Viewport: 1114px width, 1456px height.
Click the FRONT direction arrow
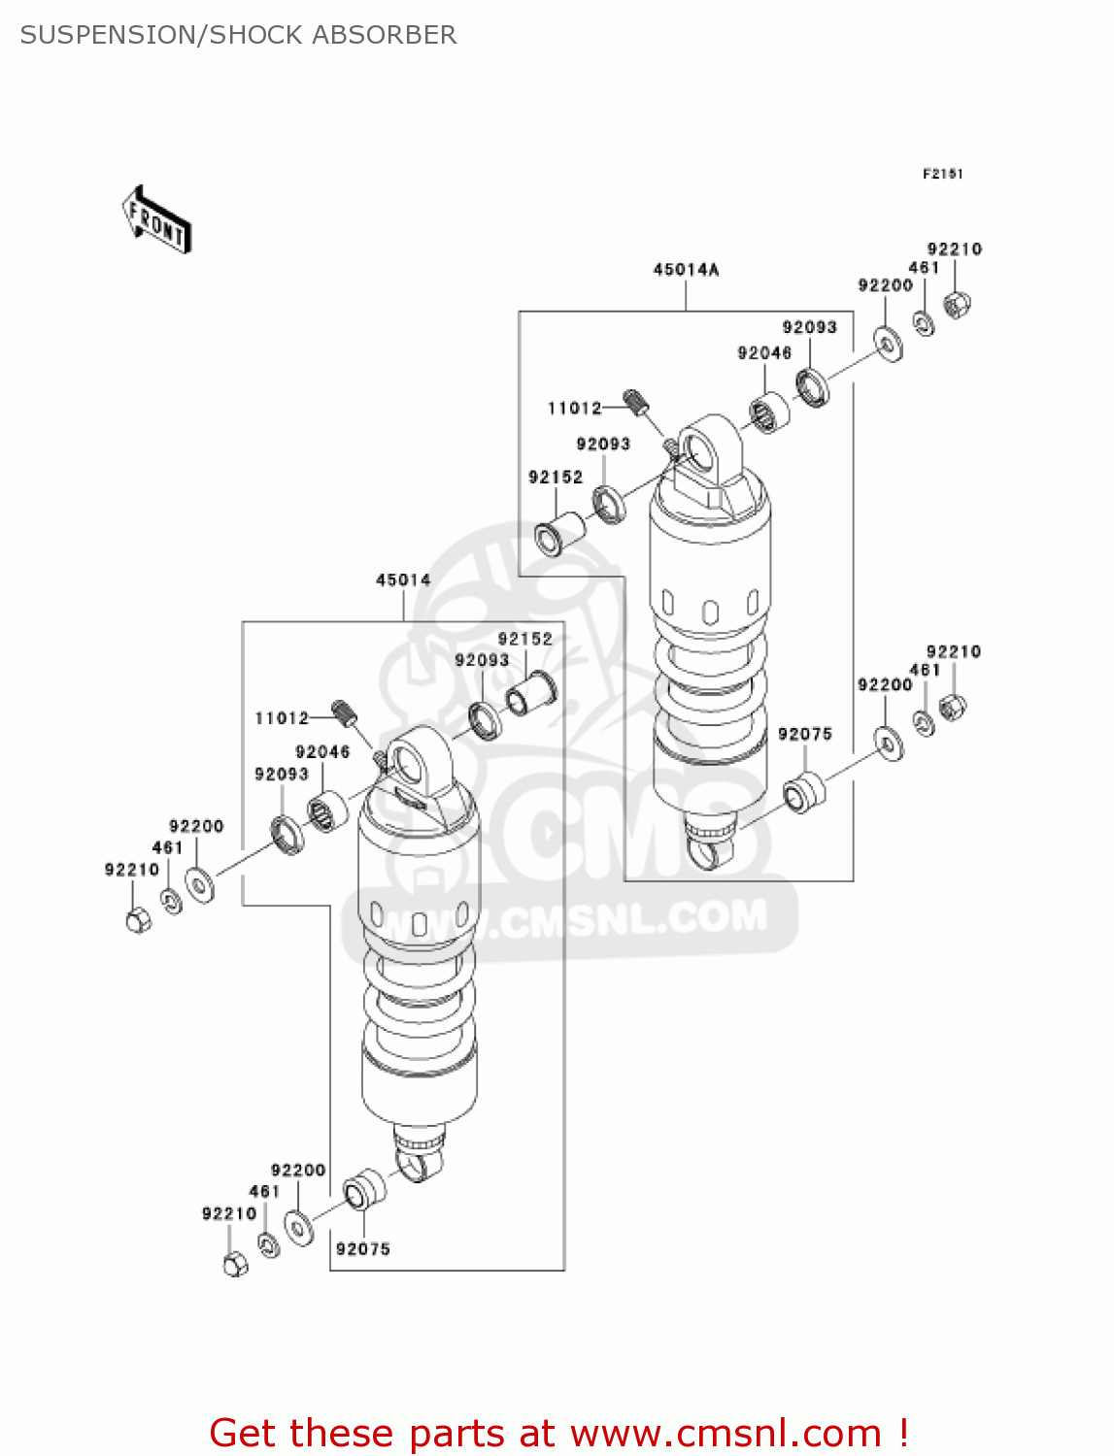(155, 220)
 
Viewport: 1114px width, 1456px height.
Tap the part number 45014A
(686, 270)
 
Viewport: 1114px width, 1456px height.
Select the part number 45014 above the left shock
(403, 580)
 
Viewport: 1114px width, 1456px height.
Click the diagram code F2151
(942, 174)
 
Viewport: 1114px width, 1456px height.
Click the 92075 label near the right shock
(804, 735)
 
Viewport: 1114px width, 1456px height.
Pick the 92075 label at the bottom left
(362, 1249)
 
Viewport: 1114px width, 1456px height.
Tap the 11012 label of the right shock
(574, 409)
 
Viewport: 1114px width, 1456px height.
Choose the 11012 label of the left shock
(282, 718)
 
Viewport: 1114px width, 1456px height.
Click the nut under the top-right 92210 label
(958, 305)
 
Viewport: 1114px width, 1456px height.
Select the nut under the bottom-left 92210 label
(234, 1264)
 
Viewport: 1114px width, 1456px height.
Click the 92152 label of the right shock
(556, 478)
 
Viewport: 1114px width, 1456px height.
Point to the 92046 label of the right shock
(764, 353)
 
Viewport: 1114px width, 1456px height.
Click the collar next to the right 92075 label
(803, 791)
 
